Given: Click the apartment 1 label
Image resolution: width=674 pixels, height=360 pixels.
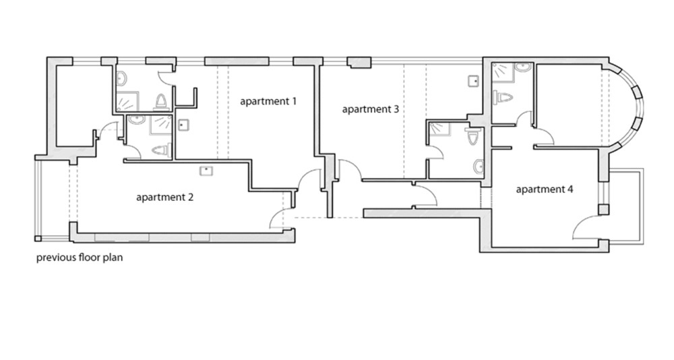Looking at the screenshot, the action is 268,102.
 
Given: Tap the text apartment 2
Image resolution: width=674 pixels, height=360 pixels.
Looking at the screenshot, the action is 164,198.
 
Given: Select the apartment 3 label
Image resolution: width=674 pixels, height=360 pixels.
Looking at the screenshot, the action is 371,109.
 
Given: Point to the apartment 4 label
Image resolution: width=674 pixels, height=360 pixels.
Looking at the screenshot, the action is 544,189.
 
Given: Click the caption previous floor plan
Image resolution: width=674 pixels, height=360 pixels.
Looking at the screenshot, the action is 80,258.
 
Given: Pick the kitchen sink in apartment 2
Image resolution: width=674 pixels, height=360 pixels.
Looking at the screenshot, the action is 206,171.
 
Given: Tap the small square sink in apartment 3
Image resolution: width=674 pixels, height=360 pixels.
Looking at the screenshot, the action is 474,81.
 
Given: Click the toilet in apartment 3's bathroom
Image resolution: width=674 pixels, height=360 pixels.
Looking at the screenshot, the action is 473,136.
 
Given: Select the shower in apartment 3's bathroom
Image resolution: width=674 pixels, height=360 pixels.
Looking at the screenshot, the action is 439,129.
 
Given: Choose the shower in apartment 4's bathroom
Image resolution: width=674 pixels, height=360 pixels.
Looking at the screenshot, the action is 502,72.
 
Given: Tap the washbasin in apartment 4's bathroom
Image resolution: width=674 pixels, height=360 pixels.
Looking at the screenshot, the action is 523,67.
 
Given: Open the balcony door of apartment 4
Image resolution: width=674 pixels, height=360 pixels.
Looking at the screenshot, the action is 587,227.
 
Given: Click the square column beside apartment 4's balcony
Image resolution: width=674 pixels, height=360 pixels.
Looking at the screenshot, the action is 604,210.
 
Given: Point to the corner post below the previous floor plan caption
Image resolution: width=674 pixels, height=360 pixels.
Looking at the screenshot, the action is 38,238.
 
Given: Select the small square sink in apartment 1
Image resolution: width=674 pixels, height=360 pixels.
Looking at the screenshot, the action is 183,124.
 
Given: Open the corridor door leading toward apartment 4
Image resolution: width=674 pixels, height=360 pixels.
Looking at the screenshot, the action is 425,196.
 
